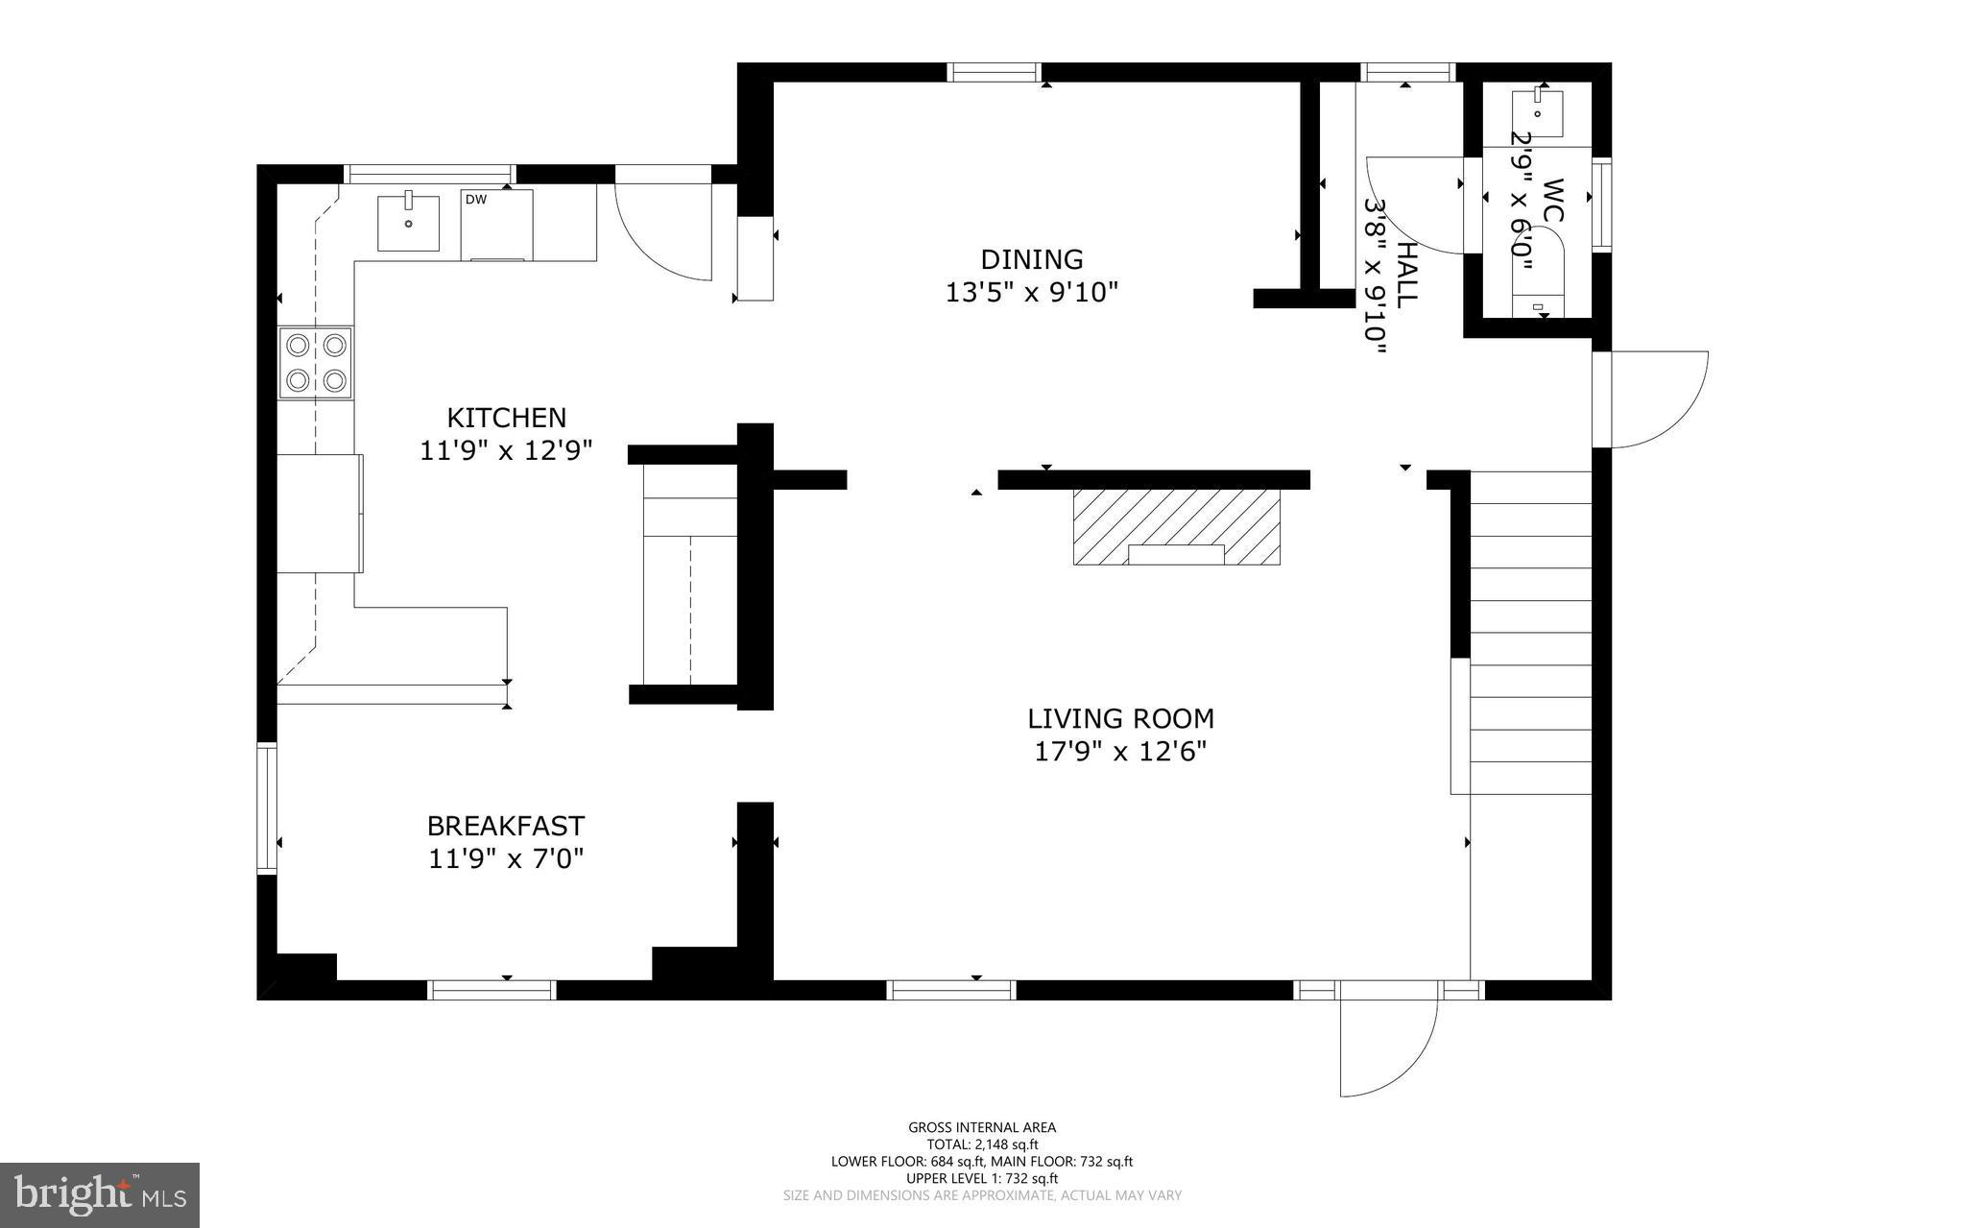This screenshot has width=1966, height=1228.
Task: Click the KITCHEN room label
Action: tap(506, 418)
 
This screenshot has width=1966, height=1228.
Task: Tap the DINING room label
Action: tap(1032, 259)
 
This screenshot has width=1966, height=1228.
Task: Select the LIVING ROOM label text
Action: tap(1120, 718)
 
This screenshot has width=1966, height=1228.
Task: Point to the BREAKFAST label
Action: tap(505, 826)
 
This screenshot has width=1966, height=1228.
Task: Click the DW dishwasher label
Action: tap(476, 200)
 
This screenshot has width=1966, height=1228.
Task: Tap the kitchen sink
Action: tap(408, 223)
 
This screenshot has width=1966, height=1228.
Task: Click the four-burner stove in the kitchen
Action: tap(316, 363)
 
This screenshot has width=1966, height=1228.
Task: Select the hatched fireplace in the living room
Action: tap(1176, 526)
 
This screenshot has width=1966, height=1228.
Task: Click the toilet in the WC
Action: tap(1538, 274)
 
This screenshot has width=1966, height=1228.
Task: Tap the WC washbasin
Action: tap(1537, 114)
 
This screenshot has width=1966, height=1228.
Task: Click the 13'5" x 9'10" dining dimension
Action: tap(1032, 292)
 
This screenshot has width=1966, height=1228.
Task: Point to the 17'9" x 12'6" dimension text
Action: tap(1119, 751)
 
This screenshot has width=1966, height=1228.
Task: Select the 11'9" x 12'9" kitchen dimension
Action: tap(506, 449)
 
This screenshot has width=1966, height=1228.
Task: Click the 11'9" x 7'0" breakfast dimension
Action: tap(506, 857)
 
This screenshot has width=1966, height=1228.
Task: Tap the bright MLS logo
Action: tap(100, 1195)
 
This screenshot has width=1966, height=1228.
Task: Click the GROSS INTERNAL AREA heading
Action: tap(982, 1127)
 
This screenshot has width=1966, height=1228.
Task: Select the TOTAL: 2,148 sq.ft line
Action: tap(982, 1144)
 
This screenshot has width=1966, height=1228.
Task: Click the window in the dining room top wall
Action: tap(995, 72)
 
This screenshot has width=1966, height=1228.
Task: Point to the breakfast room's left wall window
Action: tap(267, 807)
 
